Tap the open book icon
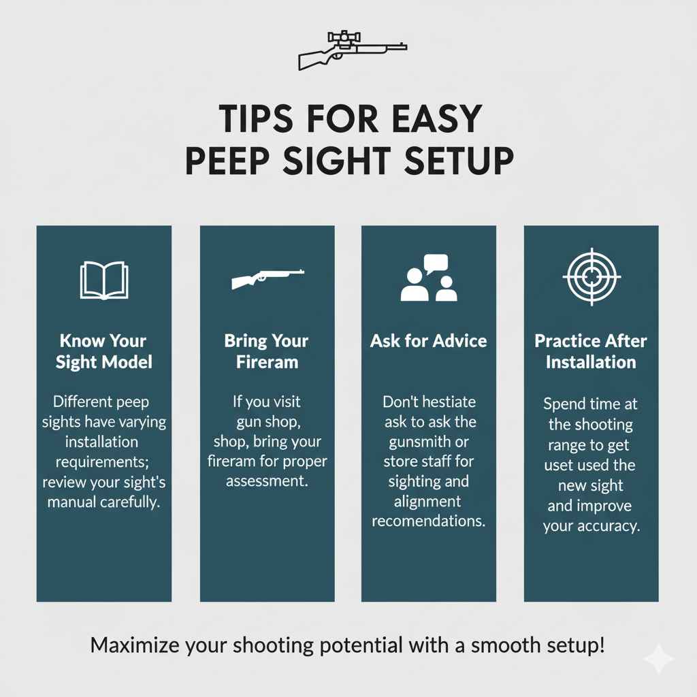[103, 279]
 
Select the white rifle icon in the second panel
[267, 278]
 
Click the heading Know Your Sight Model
[103, 351]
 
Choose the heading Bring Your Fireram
[267, 351]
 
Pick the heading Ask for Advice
[429, 340]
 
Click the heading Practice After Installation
[591, 351]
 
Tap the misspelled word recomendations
[429, 522]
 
